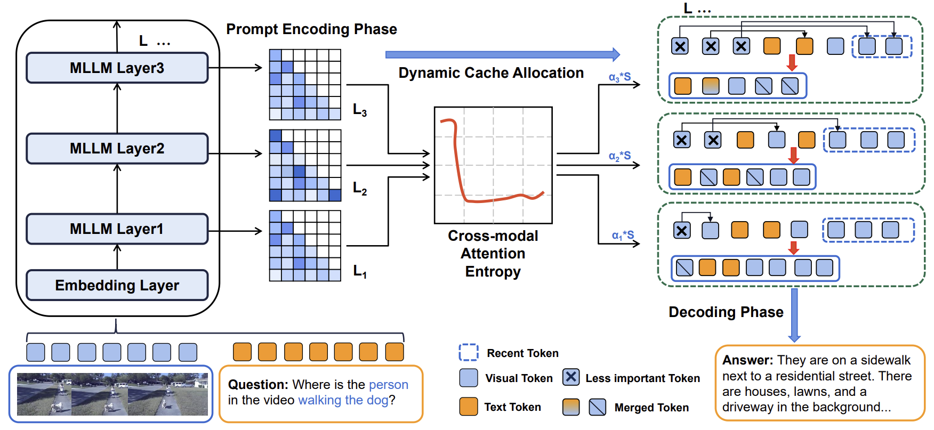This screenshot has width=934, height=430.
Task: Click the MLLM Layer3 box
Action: [117, 68]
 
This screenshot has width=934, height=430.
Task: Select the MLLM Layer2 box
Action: [117, 148]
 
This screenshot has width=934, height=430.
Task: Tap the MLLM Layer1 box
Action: [117, 229]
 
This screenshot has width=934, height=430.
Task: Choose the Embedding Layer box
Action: [117, 285]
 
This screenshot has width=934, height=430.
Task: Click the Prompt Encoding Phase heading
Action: [311, 29]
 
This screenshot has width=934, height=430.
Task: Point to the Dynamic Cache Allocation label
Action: [491, 73]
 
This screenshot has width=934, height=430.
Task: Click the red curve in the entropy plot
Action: [456, 160]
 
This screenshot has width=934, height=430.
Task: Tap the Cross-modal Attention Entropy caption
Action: [493, 254]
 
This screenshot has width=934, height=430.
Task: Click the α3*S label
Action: [619, 77]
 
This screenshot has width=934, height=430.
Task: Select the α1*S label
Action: [623, 235]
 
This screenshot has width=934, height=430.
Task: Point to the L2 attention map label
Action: [360, 188]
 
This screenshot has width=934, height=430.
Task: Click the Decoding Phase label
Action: [726, 312]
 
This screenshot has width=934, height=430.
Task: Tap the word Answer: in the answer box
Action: [747, 360]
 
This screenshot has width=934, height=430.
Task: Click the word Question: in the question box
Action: [258, 385]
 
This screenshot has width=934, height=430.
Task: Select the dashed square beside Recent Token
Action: [469, 352]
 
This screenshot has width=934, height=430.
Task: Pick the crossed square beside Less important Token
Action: [571, 377]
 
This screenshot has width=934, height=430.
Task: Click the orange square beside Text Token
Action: [469, 407]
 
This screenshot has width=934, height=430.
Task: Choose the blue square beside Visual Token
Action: [469, 378]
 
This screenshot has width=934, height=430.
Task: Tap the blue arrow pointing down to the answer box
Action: [794, 314]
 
